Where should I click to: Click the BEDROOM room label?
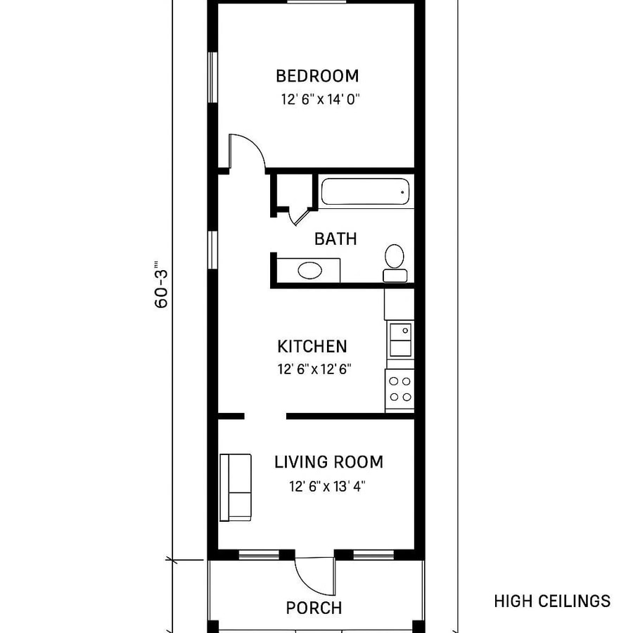316,76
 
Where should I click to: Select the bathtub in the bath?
365,192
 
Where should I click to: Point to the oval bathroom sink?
309,270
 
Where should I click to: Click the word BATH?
335,239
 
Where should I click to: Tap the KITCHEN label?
312,347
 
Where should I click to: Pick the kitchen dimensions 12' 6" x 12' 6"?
314,369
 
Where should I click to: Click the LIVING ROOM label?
328,462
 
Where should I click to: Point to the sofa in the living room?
236,487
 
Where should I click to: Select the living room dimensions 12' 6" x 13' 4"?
327,485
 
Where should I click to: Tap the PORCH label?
314,608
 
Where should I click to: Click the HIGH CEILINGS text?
551,601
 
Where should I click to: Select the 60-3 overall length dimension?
161,285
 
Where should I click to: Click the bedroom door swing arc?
247,151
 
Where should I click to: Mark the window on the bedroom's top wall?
316,3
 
